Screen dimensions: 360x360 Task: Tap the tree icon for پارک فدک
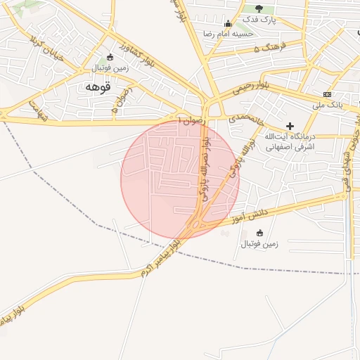(259, 8)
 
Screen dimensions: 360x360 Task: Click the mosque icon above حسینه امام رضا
(227, 22)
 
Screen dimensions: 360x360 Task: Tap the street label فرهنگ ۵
(267, 48)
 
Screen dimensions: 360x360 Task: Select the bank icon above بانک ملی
(328, 94)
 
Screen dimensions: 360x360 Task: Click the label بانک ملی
(328, 105)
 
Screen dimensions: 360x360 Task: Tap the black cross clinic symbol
(290, 125)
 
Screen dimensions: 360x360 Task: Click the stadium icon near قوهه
(108, 58)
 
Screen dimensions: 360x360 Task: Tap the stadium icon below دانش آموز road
(259, 233)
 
